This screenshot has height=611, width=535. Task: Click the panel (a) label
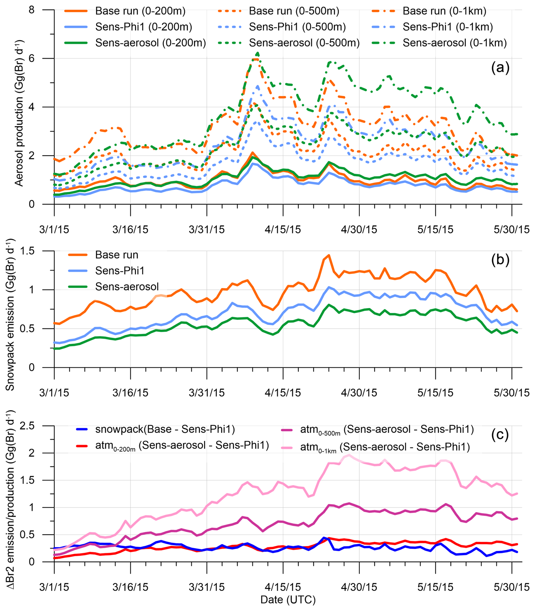[500, 68]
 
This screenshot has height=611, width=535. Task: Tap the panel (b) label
[500, 260]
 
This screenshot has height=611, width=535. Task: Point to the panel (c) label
[500, 435]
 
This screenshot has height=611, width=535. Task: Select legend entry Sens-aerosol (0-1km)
[455, 43]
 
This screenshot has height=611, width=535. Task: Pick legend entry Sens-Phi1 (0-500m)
[297, 27]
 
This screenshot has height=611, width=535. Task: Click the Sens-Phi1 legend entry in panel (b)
[120, 270]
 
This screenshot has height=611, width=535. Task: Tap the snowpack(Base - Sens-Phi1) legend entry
[165, 429]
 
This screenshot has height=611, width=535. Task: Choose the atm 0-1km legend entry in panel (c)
[385, 447]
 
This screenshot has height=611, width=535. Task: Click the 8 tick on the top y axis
[31, 10]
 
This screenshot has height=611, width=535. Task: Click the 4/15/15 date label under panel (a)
[283, 230]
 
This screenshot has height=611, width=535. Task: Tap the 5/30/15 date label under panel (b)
[512, 393]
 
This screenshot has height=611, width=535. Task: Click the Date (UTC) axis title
[288, 600]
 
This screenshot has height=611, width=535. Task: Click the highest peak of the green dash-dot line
[257, 53]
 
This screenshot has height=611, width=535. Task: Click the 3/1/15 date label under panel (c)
[54, 587]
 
